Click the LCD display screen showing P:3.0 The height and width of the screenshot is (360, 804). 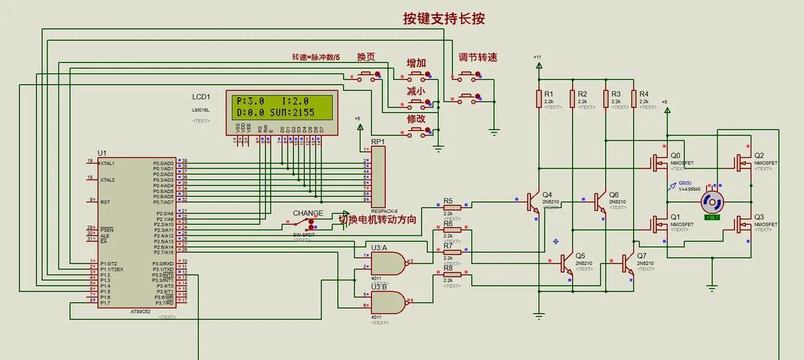click(x=281, y=107)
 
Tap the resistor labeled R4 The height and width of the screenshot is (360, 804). click(x=633, y=99)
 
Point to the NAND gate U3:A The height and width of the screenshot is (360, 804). click(x=388, y=262)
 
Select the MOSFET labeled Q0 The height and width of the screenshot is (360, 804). click(x=658, y=163)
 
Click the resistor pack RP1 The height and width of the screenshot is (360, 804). click(x=378, y=176)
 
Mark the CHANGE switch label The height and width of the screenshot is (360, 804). click(x=308, y=214)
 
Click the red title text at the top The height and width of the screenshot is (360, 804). click(x=443, y=19)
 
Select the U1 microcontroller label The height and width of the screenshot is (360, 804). click(x=102, y=153)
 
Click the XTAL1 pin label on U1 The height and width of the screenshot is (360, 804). click(x=108, y=163)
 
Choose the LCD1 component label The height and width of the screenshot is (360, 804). click(x=201, y=96)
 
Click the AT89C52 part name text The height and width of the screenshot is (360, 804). click(x=141, y=311)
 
